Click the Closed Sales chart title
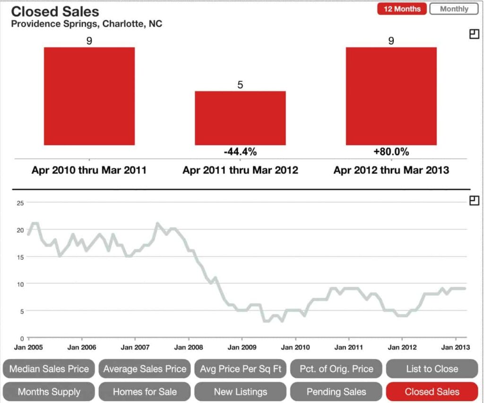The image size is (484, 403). point(55,11)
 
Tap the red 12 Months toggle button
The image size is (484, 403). point(402,9)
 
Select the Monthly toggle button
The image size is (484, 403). point(454,9)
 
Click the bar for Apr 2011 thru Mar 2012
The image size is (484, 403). point(240,118)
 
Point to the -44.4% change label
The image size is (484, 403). point(240,152)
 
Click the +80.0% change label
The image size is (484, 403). point(391,152)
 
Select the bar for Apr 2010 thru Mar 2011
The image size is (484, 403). point(89,96)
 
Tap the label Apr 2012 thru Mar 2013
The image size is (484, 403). point(391,170)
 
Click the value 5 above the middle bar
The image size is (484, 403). point(240,85)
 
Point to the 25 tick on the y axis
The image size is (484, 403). point(19,203)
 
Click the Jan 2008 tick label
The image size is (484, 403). point(189,347)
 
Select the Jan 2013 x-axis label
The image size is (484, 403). point(455,347)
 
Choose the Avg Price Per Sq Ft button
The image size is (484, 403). point(240,369)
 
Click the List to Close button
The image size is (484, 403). point(432,369)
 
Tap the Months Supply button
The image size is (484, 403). point(49,392)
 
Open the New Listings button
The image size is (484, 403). point(240,392)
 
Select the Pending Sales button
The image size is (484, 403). point(336,392)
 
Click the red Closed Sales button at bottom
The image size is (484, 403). point(432,392)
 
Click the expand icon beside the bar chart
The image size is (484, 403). point(474,34)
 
